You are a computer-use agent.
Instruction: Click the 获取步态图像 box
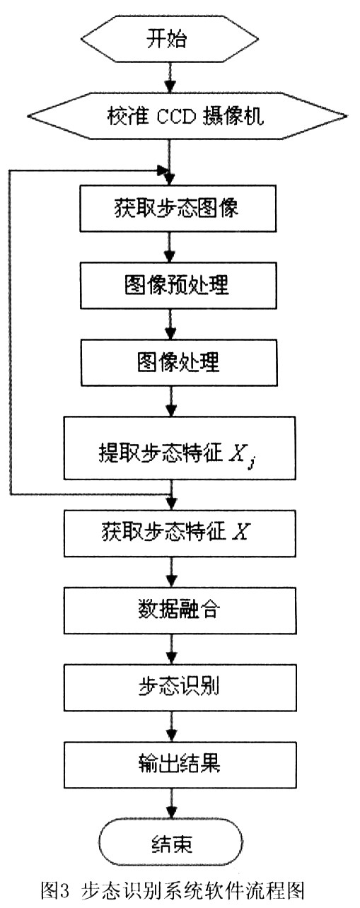(x=178, y=209)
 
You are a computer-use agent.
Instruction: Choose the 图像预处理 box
(x=178, y=286)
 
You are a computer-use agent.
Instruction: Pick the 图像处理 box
(x=179, y=362)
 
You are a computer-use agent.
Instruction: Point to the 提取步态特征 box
(x=180, y=448)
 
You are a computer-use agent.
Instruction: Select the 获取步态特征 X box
(x=180, y=533)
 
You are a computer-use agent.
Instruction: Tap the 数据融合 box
(x=180, y=610)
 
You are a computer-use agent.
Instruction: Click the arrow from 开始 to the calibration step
(x=170, y=77)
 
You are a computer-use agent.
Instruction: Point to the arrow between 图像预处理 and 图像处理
(x=170, y=325)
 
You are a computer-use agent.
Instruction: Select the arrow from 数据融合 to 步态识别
(x=171, y=649)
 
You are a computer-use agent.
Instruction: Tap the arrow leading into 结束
(x=171, y=804)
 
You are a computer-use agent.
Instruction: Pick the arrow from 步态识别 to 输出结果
(x=171, y=726)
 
